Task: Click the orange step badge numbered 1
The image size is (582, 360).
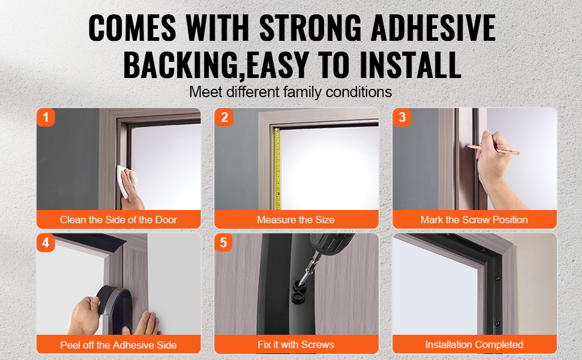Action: (x=46, y=117)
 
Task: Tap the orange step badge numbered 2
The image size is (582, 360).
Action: (x=224, y=117)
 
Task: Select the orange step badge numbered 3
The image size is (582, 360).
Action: (x=402, y=117)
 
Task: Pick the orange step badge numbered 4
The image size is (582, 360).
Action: (x=46, y=243)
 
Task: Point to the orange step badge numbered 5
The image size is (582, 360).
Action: (x=223, y=243)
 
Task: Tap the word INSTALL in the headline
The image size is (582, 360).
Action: (x=410, y=65)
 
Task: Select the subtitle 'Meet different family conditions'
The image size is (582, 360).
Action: (x=290, y=92)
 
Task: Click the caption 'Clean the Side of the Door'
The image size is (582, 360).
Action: (x=118, y=220)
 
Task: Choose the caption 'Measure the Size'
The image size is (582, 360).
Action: (x=296, y=220)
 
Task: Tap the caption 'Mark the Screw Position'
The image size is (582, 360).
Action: (x=474, y=220)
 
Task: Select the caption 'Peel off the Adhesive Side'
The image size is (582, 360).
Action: (x=118, y=345)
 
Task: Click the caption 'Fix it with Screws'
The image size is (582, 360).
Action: (x=296, y=345)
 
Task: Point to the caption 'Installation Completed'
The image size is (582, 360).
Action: (x=474, y=345)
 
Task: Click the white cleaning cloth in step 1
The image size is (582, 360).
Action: (x=124, y=180)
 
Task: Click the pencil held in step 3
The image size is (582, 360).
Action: (x=494, y=149)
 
